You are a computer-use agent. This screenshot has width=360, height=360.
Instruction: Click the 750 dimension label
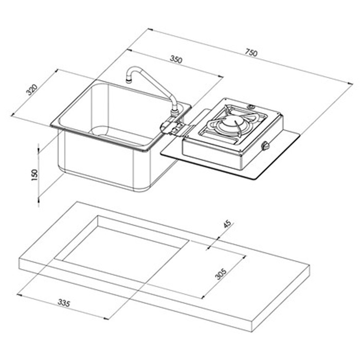point(251,52)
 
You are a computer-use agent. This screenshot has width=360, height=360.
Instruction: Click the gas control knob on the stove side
point(266,146)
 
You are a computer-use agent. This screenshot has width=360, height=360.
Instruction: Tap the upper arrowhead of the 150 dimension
point(39,147)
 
